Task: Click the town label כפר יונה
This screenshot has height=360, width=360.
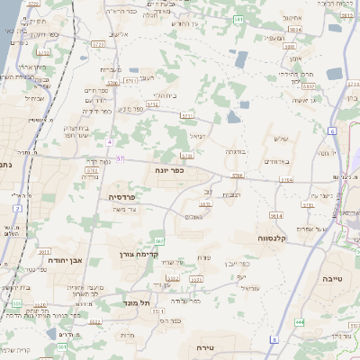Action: (x=169, y=168)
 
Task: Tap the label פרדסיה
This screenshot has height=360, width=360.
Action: (x=122, y=196)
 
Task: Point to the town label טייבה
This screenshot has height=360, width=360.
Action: (x=333, y=280)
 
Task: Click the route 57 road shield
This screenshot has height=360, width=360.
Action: (x=121, y=159)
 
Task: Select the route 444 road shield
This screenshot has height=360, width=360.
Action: (x=300, y=321)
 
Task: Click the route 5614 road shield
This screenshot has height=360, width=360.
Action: (x=275, y=216)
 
